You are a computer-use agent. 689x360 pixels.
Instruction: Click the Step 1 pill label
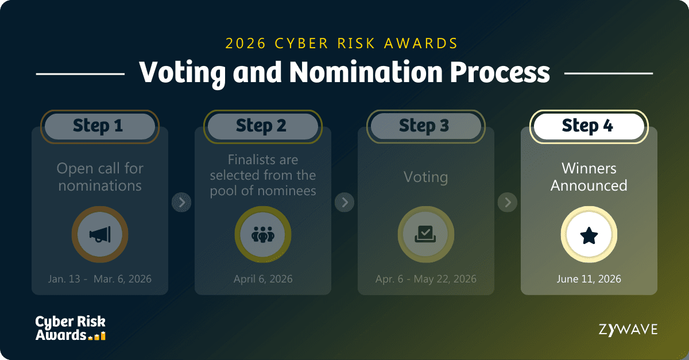100,126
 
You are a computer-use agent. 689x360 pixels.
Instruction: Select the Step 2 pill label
263,126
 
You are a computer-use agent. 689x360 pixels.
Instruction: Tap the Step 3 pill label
425,126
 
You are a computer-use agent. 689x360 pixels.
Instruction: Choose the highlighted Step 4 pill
589,126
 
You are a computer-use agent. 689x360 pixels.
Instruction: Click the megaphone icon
100,234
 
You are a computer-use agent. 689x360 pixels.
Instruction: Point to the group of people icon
263,234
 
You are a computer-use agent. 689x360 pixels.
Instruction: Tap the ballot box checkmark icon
425,234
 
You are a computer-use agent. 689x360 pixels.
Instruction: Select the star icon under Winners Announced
589,235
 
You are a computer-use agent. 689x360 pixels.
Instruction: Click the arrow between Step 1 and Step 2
181,202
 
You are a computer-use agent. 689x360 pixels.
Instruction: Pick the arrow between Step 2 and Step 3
344,202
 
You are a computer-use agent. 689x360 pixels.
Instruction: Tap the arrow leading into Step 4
508,202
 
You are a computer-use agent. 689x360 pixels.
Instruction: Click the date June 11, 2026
589,279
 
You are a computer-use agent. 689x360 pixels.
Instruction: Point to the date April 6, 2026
263,279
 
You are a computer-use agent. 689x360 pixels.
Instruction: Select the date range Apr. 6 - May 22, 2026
425,279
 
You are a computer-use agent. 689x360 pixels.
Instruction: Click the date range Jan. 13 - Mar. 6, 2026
100,279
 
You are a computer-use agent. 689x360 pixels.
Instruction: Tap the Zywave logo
628,330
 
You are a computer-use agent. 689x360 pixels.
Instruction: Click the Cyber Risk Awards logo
71,328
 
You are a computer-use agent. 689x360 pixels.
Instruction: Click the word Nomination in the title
366,72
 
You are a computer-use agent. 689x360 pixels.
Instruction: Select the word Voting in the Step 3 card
425,177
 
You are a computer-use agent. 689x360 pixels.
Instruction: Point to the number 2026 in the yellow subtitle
246,44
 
